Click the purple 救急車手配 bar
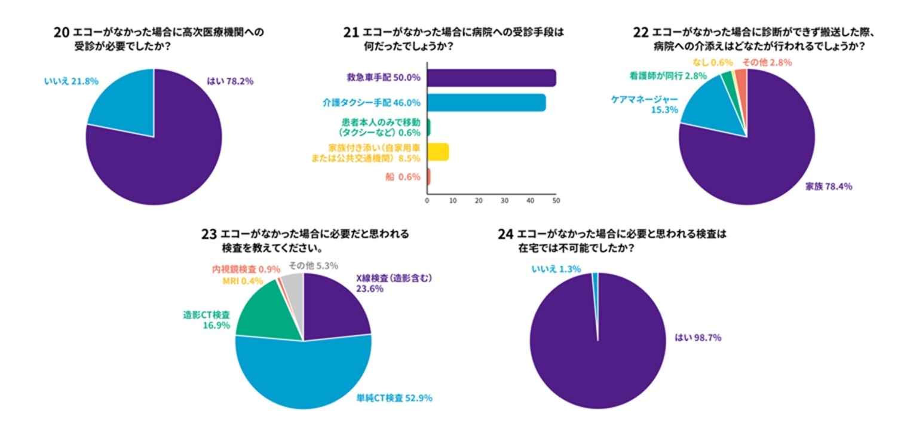[x=492, y=78]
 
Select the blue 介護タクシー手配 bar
[x=486, y=103]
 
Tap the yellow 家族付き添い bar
[x=438, y=152]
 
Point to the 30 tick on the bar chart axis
[x=504, y=201]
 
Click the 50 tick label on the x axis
[x=556, y=201]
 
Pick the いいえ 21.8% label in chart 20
[x=71, y=81]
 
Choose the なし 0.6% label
[x=712, y=63]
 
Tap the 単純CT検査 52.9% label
[x=394, y=398]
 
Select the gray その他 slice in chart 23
[x=294, y=286]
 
